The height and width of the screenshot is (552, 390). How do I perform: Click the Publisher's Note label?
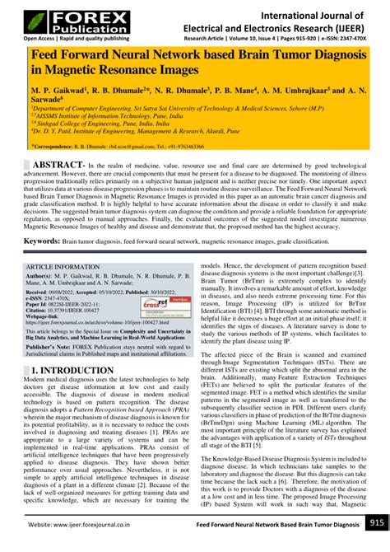tap(53, 348)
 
